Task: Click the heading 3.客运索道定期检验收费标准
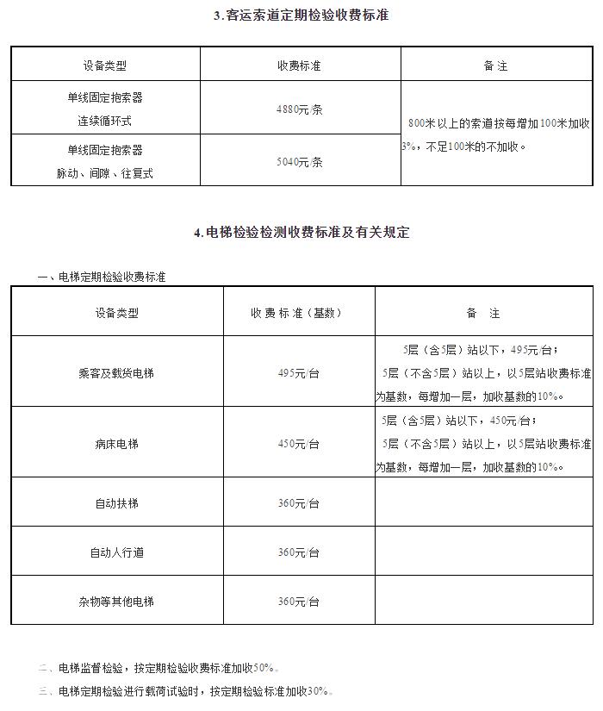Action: [301, 16]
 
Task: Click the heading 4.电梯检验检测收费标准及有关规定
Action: [301, 233]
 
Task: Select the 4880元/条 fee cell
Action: [299, 109]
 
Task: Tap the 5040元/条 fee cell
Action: [299, 161]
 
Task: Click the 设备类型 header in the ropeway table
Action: [104, 65]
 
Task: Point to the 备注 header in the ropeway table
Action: [496, 65]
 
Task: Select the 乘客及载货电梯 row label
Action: [116, 373]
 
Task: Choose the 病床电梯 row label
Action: [116, 444]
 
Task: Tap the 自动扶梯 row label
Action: [116, 503]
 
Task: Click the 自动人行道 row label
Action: [116, 552]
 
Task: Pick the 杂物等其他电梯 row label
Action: [116, 602]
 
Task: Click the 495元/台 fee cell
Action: [298, 373]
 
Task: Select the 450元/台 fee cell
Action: [298, 444]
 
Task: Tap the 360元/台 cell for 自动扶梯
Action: [298, 503]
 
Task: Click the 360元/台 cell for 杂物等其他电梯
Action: [298, 602]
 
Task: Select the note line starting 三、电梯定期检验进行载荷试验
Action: [185, 691]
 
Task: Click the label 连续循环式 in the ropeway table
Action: [104, 122]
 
